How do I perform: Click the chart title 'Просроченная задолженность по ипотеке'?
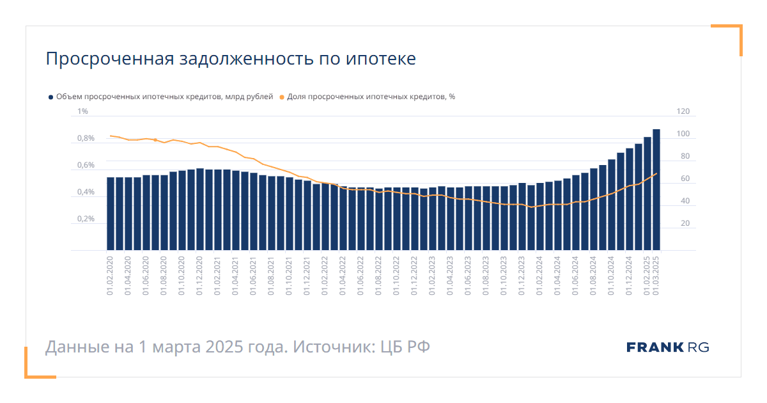tap(230, 59)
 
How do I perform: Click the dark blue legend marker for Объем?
tap(50, 97)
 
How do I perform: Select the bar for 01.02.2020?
tap(111, 214)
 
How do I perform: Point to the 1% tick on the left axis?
tap(83, 112)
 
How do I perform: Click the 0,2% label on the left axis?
tap(86, 219)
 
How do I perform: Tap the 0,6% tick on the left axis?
tap(86, 165)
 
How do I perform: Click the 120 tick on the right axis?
tap(683, 112)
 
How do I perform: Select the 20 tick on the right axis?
tap(685, 223)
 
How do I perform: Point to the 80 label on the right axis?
tap(685, 156)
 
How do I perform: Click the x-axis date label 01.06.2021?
tap(254, 275)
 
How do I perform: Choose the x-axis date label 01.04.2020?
tap(128, 275)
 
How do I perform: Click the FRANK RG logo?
tap(667, 347)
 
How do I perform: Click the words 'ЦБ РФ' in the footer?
tap(405, 347)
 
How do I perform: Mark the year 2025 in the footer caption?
tap(226, 347)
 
